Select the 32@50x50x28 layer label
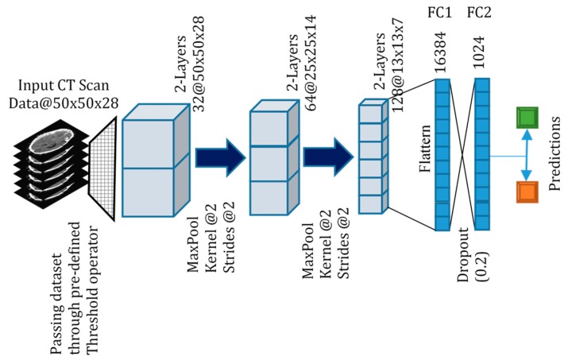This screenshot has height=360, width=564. tap(190, 49)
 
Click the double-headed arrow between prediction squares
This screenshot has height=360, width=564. tap(523, 157)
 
